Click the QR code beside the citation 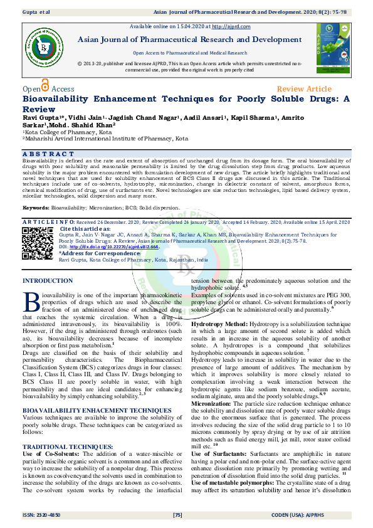tap(37, 243)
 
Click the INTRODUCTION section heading tap(48, 281)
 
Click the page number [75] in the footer tap(177, 515)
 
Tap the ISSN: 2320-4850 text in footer tap(45, 515)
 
